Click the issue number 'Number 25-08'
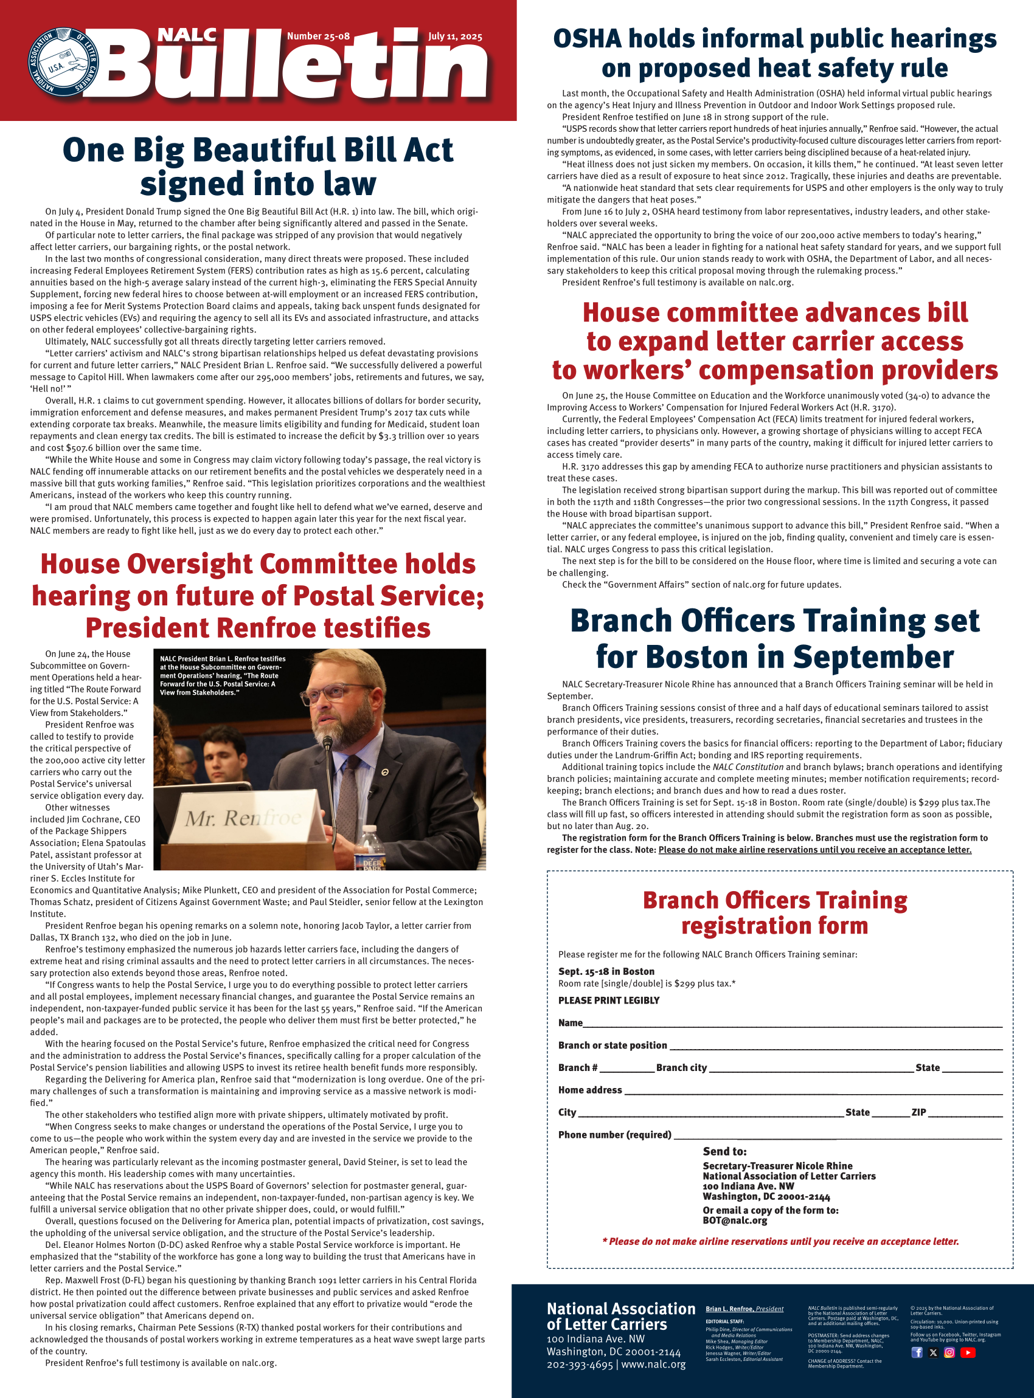click(318, 36)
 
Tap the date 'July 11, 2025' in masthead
click(455, 36)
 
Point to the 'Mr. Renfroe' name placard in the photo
click(244, 818)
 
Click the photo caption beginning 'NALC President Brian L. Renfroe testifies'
click(222, 675)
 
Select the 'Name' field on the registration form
click(792, 1024)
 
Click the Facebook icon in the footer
click(917, 1352)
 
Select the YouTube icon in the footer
click(968, 1352)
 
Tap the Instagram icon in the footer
click(949, 1352)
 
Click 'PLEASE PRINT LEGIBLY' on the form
click(608, 1001)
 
